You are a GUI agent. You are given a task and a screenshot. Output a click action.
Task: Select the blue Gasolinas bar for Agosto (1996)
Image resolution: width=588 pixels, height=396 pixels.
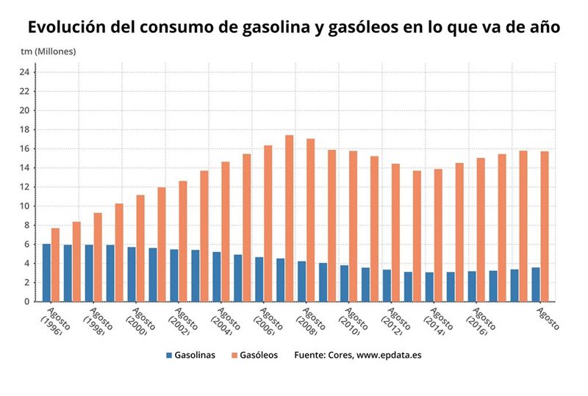[46, 273]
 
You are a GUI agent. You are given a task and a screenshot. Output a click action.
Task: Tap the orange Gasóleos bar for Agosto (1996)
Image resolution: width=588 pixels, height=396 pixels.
[55, 264]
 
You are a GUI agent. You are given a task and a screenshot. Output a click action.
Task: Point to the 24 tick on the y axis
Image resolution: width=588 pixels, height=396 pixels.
[24, 72]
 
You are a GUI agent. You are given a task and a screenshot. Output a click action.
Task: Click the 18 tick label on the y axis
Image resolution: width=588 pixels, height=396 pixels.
[24, 129]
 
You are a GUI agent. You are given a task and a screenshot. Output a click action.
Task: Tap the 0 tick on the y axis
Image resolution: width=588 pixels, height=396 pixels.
[26, 301]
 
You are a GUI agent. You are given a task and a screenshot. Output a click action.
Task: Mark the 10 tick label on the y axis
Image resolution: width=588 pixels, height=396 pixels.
[24, 206]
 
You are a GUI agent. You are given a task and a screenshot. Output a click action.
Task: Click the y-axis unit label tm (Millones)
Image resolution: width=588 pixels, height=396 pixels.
[48, 51]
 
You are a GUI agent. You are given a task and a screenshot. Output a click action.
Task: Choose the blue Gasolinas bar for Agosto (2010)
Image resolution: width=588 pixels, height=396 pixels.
[344, 283]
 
